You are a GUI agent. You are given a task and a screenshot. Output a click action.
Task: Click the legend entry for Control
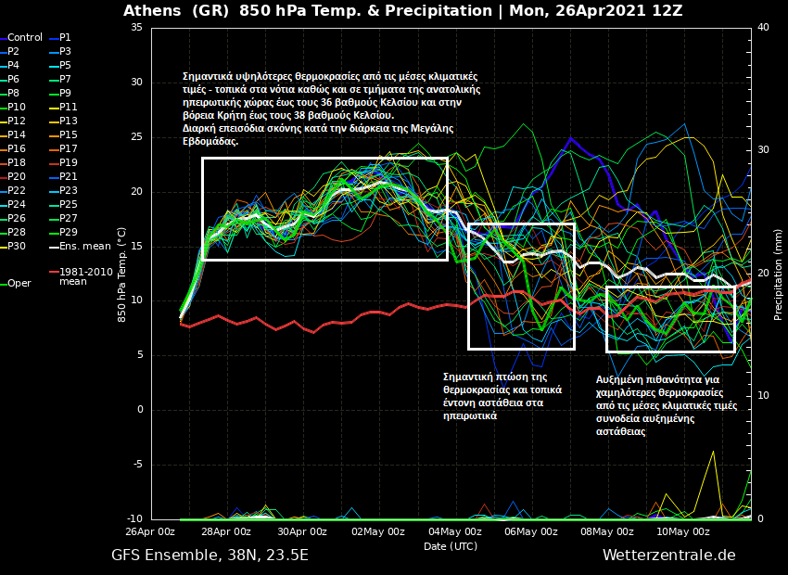point(25,38)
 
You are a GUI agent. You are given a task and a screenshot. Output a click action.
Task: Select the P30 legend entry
point(17,247)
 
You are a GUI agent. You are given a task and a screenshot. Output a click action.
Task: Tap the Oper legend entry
point(19,284)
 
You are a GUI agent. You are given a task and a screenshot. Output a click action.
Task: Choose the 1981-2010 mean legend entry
point(85,276)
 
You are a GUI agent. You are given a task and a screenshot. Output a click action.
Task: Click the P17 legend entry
point(69,149)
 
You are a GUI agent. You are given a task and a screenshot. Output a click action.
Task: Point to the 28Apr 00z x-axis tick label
point(226,531)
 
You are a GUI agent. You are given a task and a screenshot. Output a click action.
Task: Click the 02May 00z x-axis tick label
point(378,531)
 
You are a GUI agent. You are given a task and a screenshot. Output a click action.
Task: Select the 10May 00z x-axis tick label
point(683,531)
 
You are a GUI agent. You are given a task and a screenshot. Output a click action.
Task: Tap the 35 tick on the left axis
point(136,27)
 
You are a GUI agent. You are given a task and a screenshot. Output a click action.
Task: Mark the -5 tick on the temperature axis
point(136,465)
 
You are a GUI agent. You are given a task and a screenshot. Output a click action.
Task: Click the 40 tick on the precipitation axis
point(763,27)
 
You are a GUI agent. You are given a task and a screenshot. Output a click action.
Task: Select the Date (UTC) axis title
point(451,546)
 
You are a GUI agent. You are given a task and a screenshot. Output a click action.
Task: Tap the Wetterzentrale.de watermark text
point(668,556)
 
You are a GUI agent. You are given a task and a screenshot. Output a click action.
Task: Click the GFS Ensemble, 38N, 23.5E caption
point(210,556)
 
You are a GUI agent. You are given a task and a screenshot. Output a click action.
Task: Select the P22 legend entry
point(17,191)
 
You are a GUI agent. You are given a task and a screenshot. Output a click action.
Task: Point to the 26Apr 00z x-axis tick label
point(150,531)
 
